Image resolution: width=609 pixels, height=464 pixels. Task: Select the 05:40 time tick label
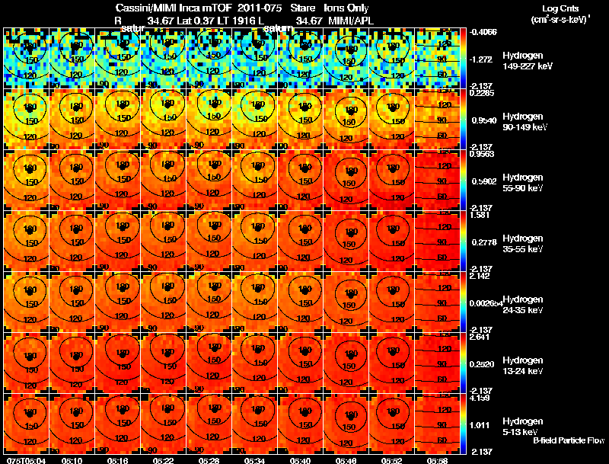pyautogui.click(x=301, y=459)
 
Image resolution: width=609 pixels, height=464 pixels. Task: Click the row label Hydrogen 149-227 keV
pyautogui.click(x=526, y=61)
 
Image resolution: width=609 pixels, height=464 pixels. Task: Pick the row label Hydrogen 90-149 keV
pyautogui.click(x=525, y=122)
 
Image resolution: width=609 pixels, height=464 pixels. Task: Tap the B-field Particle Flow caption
pyautogui.click(x=568, y=440)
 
